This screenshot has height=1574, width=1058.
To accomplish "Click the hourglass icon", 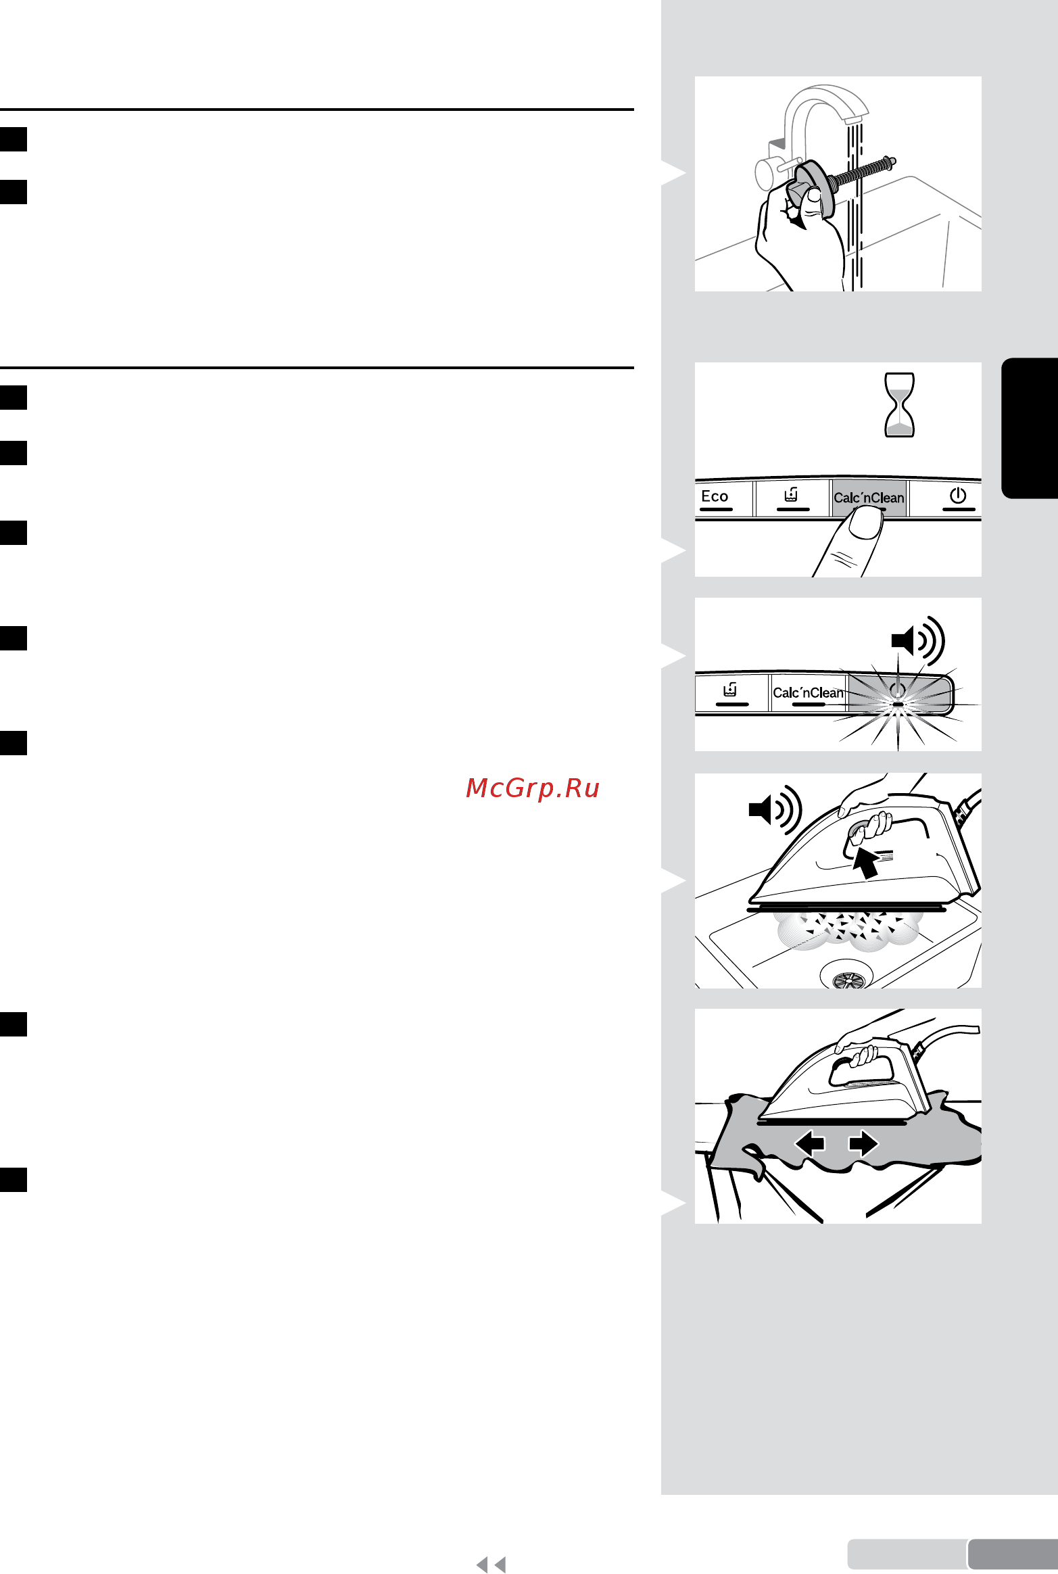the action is tap(900, 404).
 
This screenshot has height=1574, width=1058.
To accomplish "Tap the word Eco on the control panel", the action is tap(715, 496).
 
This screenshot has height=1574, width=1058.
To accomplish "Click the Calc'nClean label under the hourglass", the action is tap(869, 498).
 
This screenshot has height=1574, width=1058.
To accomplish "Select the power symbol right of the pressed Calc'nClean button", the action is tap(958, 496).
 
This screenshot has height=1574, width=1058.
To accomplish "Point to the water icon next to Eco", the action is tap(792, 495).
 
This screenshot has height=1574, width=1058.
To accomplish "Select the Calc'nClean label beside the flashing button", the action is tap(808, 692).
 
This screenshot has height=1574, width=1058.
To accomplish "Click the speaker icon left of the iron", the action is tap(775, 809).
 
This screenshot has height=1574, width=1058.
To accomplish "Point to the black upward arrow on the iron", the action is tap(865, 863).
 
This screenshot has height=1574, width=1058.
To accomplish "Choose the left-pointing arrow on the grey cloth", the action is tap(809, 1143).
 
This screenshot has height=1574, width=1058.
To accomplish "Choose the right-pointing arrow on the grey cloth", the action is tap(863, 1143).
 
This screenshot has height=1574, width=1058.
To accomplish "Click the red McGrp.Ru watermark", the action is tap(533, 788).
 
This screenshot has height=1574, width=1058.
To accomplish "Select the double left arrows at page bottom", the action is tap(491, 1564).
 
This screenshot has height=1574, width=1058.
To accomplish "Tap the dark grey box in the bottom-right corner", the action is tap(1013, 1554).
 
